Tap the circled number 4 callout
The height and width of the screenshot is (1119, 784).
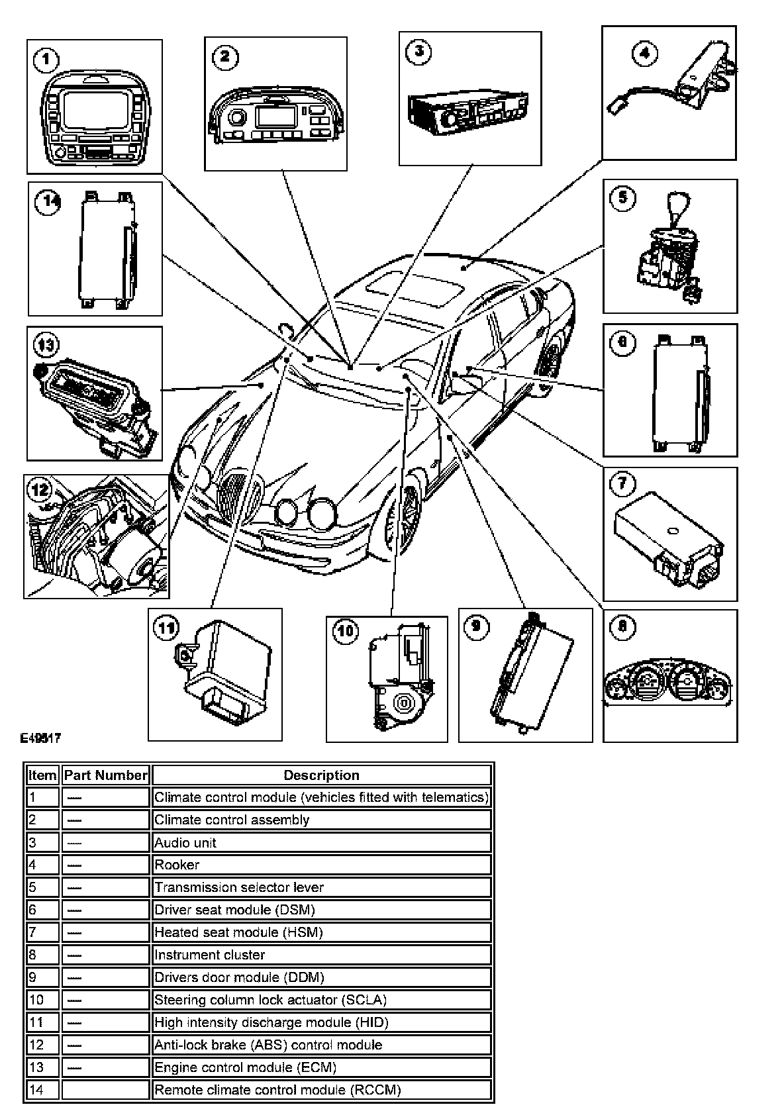click(x=644, y=54)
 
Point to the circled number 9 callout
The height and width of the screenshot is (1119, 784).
click(x=477, y=626)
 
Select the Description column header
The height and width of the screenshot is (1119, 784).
click(x=321, y=775)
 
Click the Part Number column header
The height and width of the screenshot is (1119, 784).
click(x=105, y=775)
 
